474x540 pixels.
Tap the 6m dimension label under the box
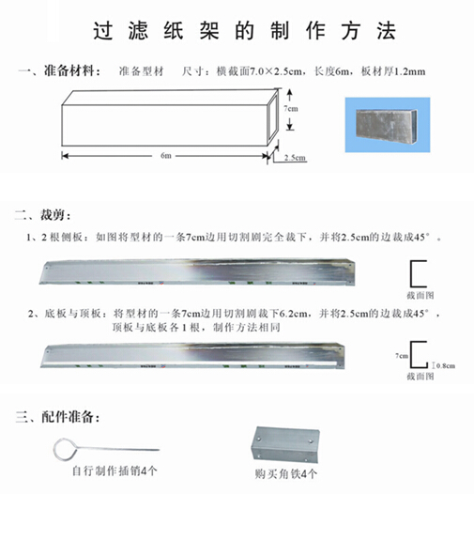point(164,155)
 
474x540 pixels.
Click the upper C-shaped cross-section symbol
point(418,272)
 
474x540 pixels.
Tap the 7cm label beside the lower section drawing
point(401,356)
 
